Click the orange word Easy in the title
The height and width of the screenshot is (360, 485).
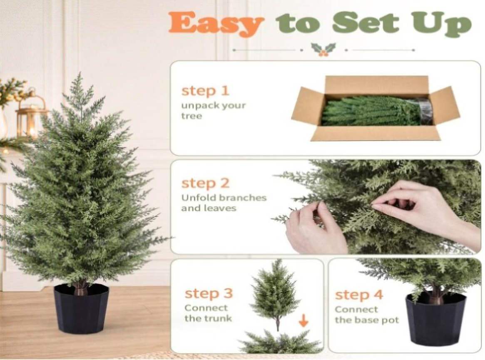[x=216, y=23]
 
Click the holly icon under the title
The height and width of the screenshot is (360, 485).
[x=323, y=50]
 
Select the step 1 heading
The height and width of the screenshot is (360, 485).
[x=205, y=91]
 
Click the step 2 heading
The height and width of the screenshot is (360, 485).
[x=205, y=183]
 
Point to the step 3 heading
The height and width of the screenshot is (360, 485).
[x=209, y=293]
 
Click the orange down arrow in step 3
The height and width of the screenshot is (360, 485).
[x=303, y=320]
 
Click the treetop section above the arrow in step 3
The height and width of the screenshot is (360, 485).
[x=275, y=294]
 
